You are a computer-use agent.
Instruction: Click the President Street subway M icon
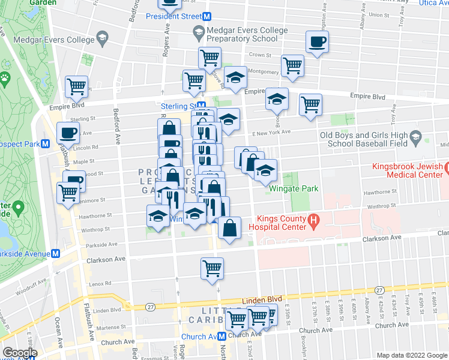point(206,16)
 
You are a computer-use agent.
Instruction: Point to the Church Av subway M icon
point(222,337)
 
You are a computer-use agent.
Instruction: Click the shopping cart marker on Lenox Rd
point(212,268)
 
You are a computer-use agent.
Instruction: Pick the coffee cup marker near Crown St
point(316,43)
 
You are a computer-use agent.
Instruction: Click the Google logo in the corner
point(20,353)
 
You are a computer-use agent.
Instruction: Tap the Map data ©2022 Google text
point(412,355)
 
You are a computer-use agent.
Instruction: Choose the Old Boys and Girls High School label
point(363,139)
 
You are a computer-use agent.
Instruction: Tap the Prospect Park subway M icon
point(45,145)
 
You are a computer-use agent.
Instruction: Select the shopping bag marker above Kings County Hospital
point(230,228)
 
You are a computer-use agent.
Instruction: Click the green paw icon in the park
point(6,77)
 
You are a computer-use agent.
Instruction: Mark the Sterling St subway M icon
point(201,106)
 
